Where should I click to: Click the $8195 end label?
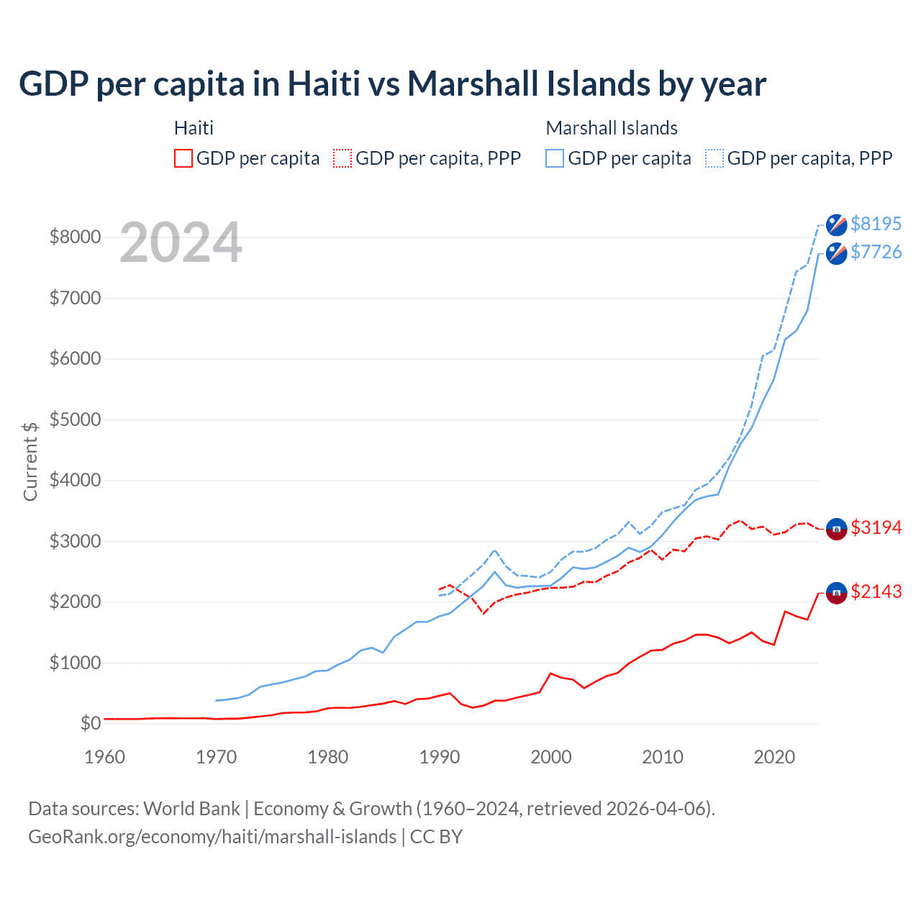tap(876, 224)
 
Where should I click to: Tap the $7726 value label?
tap(876, 252)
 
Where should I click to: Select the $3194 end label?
tap(876, 527)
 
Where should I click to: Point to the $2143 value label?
tap(876, 591)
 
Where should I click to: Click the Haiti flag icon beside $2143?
tap(836, 592)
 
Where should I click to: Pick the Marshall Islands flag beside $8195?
tap(836, 224)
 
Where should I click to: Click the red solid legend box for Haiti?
tap(183, 158)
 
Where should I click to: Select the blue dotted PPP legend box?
tap(714, 158)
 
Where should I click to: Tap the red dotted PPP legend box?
tap(342, 158)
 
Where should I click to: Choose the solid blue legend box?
tap(555, 158)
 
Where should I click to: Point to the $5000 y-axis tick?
tap(75, 419)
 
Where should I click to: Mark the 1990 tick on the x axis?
tap(440, 757)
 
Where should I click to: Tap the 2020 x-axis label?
tap(774, 757)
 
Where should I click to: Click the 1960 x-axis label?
tap(105, 757)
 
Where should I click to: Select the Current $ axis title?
tap(30, 461)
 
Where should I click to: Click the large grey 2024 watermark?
tap(181, 243)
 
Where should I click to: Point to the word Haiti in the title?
tap(324, 84)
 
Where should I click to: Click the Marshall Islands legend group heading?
tap(612, 128)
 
